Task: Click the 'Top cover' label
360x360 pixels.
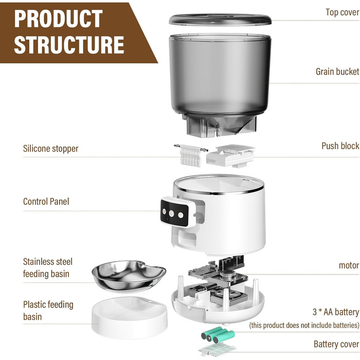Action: pyautogui.click(x=342, y=12)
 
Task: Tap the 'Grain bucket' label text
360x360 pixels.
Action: pyautogui.click(x=337, y=71)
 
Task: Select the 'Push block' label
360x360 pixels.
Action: pyautogui.click(x=340, y=146)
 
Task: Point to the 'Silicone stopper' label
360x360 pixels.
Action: pyautogui.click(x=50, y=149)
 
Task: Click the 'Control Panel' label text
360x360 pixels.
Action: pyautogui.click(x=46, y=202)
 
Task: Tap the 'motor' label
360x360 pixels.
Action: pyautogui.click(x=349, y=265)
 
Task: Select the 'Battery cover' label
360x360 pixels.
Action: pyautogui.click(x=336, y=344)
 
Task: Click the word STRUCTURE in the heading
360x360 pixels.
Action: pyautogui.click(x=69, y=45)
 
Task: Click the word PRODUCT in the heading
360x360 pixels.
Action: pyautogui.click(x=58, y=19)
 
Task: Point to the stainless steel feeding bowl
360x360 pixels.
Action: pyautogui.click(x=129, y=276)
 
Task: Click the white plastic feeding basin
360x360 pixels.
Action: pyautogui.click(x=129, y=317)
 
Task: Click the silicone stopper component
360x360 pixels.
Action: pyautogui.click(x=191, y=155)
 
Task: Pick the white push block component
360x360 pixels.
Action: pyautogui.click(x=230, y=156)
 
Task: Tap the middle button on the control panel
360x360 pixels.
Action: pyautogui.click(x=171, y=213)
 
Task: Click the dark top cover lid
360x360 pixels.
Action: pyautogui.click(x=220, y=20)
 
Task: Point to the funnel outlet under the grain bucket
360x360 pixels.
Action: pyautogui.click(x=219, y=126)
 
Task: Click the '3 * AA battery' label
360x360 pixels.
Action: pyautogui.click(x=336, y=312)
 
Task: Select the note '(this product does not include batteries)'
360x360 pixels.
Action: pyautogui.click(x=304, y=326)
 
